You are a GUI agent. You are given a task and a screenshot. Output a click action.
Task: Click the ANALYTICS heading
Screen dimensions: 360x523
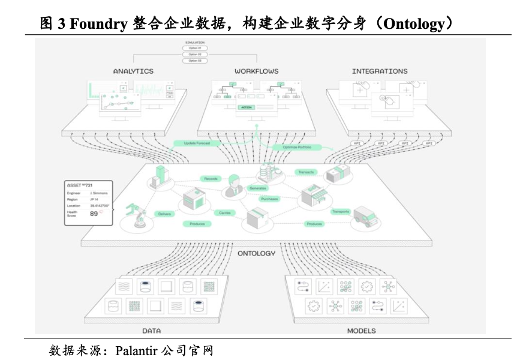coord(133,71)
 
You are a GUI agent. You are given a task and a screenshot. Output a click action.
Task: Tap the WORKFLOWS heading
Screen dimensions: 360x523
coord(257,71)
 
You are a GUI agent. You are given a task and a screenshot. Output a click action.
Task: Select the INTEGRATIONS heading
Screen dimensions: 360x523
coord(380,71)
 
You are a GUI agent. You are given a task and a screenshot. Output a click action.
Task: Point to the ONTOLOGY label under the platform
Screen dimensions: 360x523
coord(257,253)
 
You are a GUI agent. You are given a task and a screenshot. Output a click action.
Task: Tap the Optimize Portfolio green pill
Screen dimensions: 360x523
coord(296,148)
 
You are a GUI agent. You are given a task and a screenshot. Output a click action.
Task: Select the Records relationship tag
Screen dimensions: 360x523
coord(211,179)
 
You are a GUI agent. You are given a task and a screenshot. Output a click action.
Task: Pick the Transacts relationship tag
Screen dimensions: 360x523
coord(305,172)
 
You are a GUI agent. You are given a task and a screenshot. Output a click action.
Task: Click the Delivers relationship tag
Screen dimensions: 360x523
coord(164,214)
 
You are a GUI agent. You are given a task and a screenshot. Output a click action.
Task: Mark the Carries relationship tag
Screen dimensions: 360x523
coord(225,212)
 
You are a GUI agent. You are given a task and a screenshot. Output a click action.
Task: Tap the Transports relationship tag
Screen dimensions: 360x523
coord(341,212)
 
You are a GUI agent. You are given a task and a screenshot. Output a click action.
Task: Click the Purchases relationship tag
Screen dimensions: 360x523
coord(269,199)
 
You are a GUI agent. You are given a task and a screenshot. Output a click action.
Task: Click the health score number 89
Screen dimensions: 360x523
coord(94,214)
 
